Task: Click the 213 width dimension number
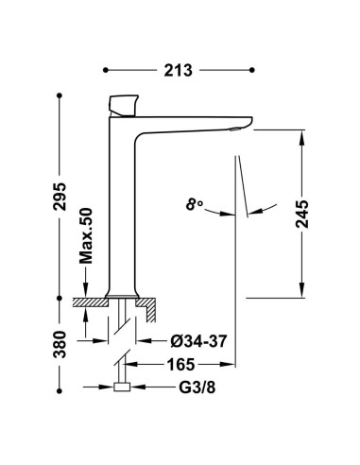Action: (x=178, y=70)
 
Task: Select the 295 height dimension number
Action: (x=60, y=197)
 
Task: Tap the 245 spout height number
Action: (x=302, y=214)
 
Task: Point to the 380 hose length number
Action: (x=60, y=344)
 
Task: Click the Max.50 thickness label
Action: (x=86, y=235)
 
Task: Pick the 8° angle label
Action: (x=195, y=204)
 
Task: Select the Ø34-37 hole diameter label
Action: (x=198, y=341)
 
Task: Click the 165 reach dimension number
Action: (x=180, y=365)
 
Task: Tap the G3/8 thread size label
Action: (x=197, y=387)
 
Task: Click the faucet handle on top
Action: (x=124, y=105)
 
